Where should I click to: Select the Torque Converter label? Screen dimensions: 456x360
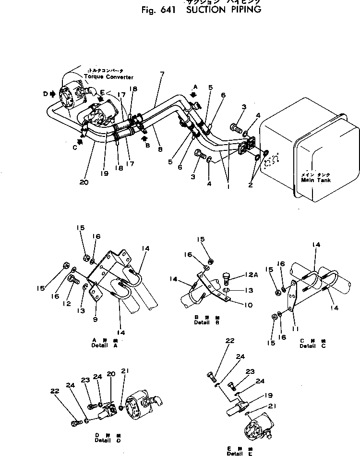[108, 77]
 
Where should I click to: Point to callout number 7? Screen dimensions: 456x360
[162, 74]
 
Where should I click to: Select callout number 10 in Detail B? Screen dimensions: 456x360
[235, 305]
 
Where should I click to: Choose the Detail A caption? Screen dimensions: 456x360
[104, 345]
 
